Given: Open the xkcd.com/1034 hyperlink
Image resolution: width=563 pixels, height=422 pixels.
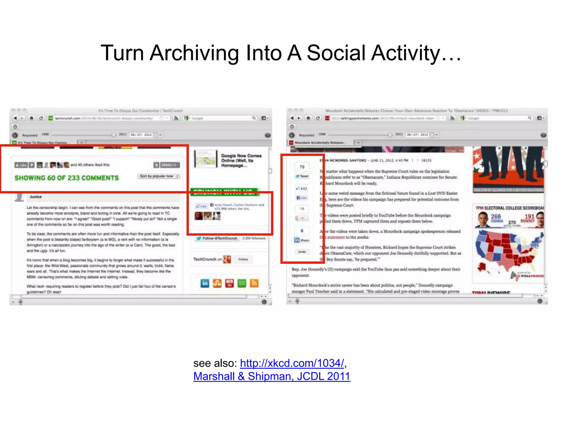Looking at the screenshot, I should [292, 363].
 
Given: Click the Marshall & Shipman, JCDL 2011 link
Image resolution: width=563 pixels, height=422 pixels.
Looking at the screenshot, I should [272, 376].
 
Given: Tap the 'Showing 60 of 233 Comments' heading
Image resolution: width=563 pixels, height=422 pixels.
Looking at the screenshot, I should [67, 178].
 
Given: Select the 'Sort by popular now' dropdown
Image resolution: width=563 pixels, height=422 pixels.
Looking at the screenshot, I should [159, 176].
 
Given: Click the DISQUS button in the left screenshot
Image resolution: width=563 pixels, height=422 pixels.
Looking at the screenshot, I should [170, 165].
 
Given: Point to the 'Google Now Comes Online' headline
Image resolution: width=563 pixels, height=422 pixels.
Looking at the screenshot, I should [241, 160].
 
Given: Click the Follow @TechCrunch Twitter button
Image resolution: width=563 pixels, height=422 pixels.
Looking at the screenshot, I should [217, 238].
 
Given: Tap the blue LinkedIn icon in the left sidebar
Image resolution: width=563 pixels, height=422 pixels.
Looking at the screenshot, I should [205, 283].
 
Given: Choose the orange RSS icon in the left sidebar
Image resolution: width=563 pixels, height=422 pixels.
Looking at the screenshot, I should [254, 283].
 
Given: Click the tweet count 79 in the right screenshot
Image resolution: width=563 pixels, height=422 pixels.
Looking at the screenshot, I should [302, 167].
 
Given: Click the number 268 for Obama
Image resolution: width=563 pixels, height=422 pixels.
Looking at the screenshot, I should [496, 217].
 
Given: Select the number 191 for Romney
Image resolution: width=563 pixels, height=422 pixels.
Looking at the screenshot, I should [529, 217].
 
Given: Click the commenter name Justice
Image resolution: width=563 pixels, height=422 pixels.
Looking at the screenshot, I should [36, 197].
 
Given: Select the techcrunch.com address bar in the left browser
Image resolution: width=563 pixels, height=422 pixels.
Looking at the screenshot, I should [104, 118].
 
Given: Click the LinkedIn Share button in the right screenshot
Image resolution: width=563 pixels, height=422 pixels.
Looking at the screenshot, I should [302, 240].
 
